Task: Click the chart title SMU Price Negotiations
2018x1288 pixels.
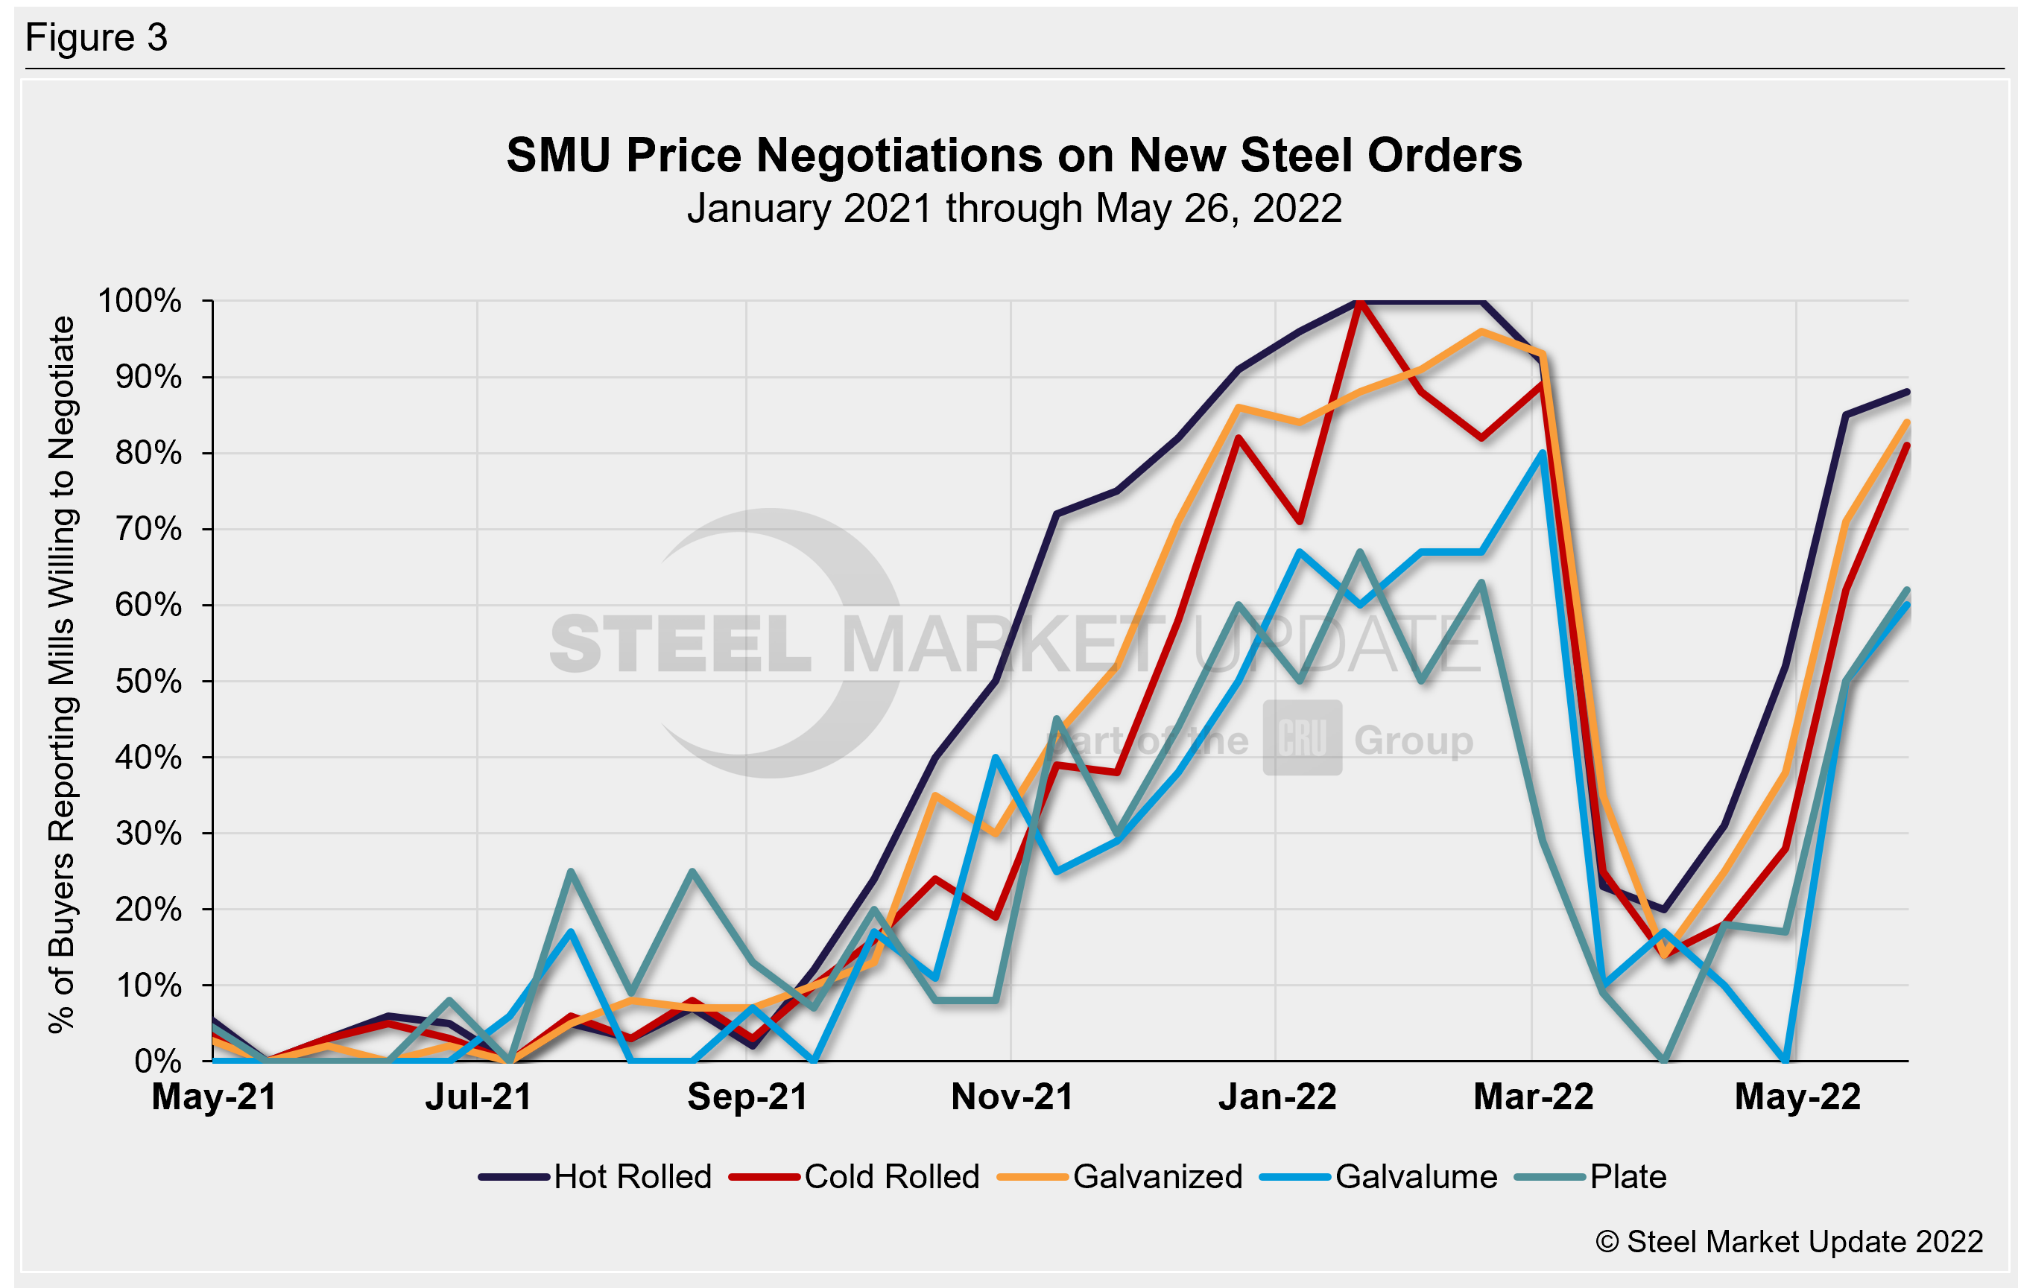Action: [x=1014, y=156]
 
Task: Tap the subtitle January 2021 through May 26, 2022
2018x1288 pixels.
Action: [x=1014, y=209]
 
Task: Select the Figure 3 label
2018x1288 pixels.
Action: [x=96, y=39]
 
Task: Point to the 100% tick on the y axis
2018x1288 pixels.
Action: [x=140, y=301]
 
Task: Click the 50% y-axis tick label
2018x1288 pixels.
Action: [x=148, y=682]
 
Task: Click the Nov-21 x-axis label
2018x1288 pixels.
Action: [x=1012, y=1097]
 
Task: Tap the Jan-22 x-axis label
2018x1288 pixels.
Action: [x=1277, y=1097]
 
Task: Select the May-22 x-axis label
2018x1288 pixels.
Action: [x=1797, y=1097]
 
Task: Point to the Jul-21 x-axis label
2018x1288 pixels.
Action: [x=478, y=1097]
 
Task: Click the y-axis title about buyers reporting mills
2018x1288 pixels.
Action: [x=62, y=676]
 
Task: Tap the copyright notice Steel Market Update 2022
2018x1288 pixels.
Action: [x=1788, y=1242]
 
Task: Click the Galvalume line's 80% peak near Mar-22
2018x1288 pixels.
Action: [x=1542, y=454]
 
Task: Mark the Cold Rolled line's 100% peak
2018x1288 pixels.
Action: [x=1359, y=302]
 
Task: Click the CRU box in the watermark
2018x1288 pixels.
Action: [x=1303, y=738]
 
